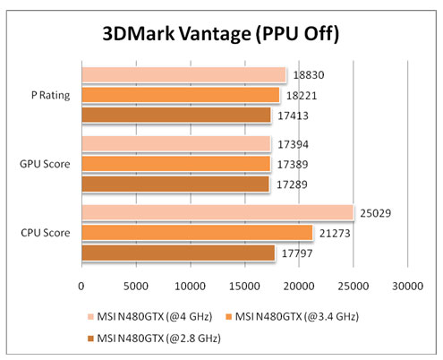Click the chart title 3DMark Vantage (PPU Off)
click(220, 35)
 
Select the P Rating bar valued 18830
click(183, 75)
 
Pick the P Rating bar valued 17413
click(175, 115)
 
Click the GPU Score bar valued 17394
click(175, 143)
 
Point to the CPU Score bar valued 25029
click(217, 212)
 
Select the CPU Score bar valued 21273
click(197, 233)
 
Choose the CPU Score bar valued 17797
click(178, 253)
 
